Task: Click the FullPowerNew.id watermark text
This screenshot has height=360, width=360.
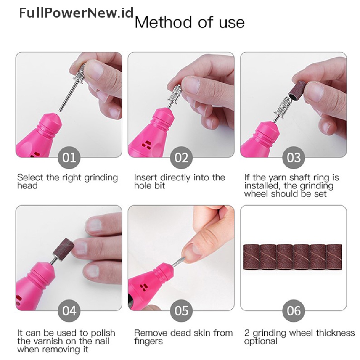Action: [x=76, y=13]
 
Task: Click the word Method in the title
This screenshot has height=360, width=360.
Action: [x=163, y=22]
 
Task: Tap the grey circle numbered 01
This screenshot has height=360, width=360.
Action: [x=69, y=158]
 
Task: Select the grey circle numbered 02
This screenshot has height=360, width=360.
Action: [x=181, y=158]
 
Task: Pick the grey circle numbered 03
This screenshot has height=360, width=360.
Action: [x=294, y=158]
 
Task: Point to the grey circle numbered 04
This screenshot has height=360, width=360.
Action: [x=69, y=311]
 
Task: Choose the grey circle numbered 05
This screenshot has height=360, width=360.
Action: [x=181, y=311]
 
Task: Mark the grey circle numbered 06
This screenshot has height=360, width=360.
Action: [x=294, y=311]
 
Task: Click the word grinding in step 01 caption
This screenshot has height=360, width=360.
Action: [x=101, y=178]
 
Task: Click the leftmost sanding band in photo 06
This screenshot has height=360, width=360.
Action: [x=252, y=257]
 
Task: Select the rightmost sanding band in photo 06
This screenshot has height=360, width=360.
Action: [x=334, y=257]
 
